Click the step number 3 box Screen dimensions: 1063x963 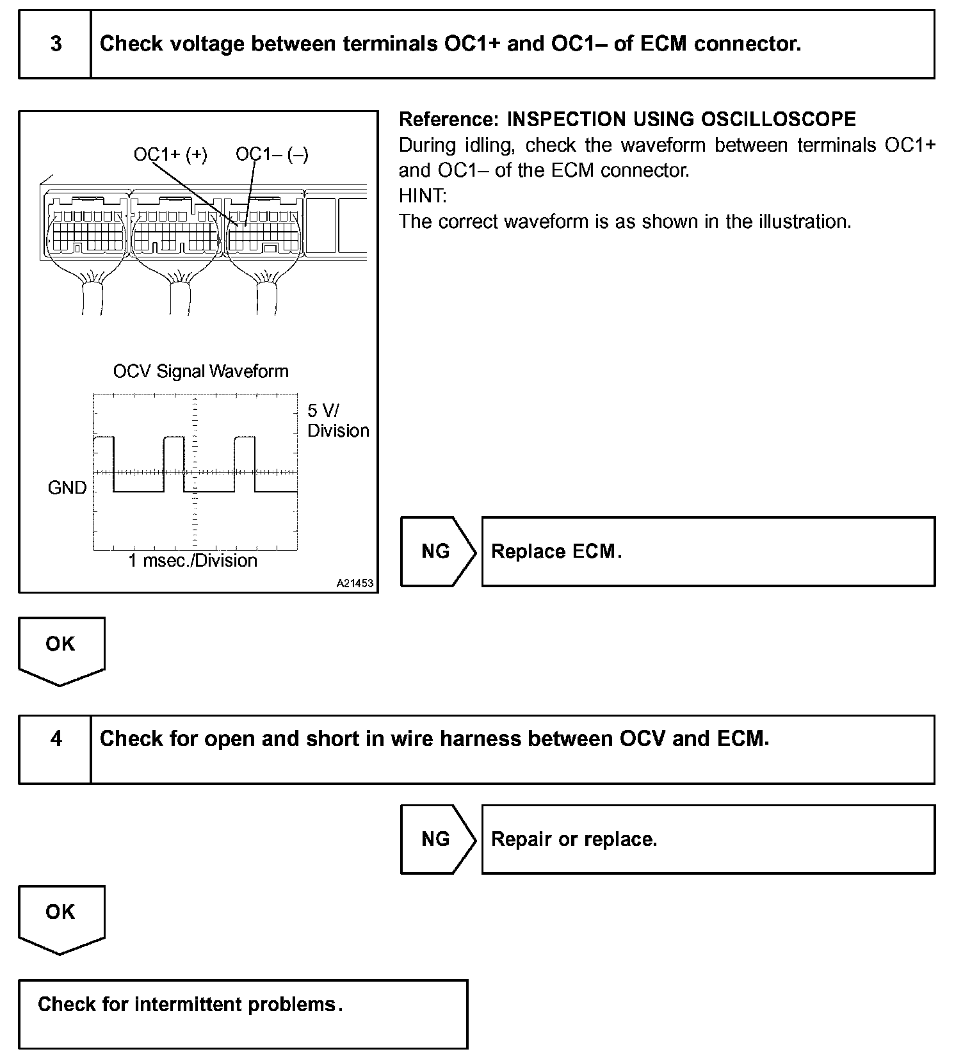pos(56,44)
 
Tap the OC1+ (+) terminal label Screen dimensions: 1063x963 pos(170,155)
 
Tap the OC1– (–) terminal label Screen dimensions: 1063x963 pos(272,155)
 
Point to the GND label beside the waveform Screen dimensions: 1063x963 pos(67,488)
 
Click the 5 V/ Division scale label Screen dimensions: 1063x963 pos(337,421)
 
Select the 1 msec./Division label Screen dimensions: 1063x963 pos(193,561)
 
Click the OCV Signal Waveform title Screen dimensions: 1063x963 pos(200,371)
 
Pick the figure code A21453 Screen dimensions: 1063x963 pos(355,584)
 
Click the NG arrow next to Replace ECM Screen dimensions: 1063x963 pos(436,551)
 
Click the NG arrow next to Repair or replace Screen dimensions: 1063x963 pos(436,839)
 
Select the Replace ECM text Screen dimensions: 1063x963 pos(556,551)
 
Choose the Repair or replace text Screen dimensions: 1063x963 pos(574,839)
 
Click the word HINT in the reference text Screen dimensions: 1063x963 pos(423,196)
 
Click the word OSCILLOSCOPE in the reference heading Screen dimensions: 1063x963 pos(779,120)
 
